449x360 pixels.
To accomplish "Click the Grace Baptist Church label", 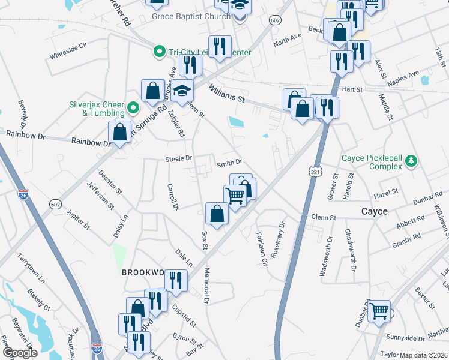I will (x=191, y=16).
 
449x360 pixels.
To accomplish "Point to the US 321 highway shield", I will (x=315, y=172).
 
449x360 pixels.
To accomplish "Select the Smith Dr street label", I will (x=229, y=163).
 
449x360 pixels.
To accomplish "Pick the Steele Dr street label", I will (x=178, y=158).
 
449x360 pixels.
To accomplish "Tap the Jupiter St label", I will (x=78, y=219).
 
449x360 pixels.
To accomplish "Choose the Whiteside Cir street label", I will (x=68, y=49).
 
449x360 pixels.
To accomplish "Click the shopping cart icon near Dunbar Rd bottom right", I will (x=379, y=311).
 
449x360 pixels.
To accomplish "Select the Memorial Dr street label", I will (x=208, y=284).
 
